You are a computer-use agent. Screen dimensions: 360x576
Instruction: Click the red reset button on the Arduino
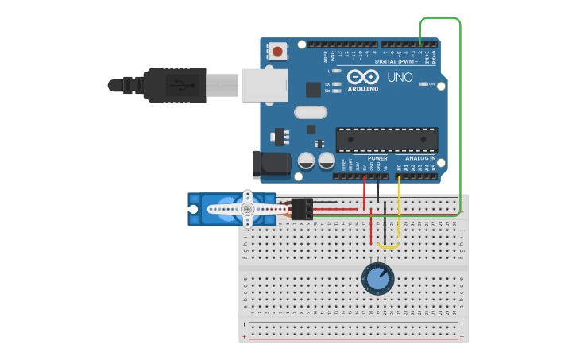click(277, 52)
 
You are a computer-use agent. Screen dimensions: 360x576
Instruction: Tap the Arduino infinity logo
click(362, 78)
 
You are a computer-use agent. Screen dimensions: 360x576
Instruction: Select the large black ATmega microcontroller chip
click(386, 140)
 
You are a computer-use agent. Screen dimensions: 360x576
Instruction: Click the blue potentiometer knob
click(377, 277)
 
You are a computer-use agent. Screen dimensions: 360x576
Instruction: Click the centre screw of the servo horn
click(248, 209)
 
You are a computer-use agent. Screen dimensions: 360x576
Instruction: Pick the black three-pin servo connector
click(302, 208)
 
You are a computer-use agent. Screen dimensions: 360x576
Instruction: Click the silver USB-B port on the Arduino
click(264, 84)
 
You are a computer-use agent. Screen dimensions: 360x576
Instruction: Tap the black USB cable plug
click(171, 84)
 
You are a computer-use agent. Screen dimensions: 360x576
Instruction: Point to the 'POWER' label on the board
click(377, 158)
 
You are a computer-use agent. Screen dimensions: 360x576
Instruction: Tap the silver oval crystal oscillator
click(310, 112)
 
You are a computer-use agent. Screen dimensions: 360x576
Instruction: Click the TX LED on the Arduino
click(337, 83)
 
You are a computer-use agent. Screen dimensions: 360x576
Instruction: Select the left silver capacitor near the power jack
click(307, 161)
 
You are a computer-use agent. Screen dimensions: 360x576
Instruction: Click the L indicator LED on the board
click(337, 71)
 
